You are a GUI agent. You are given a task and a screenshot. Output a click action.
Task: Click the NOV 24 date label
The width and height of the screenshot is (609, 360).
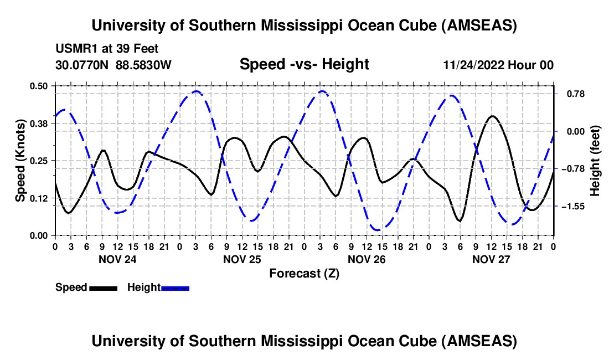(117, 259)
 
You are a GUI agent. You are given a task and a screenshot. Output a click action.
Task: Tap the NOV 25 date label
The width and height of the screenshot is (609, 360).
(242, 259)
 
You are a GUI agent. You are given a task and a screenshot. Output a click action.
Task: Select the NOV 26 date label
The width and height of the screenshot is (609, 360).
(367, 259)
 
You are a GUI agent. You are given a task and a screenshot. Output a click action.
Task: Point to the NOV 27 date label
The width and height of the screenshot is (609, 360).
(491, 259)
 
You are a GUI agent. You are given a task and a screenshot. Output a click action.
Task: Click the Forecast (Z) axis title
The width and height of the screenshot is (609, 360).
(304, 273)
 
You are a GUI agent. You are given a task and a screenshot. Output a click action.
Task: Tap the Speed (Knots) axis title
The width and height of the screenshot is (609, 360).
(20, 161)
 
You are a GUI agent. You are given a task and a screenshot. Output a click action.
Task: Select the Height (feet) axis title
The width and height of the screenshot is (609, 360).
(595, 161)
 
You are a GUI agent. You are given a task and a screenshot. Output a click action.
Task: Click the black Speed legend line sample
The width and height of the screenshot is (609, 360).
(103, 287)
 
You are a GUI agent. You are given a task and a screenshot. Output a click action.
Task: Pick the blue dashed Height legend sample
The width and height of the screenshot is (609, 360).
(175, 287)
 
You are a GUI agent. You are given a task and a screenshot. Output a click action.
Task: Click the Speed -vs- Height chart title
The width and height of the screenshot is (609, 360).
(304, 64)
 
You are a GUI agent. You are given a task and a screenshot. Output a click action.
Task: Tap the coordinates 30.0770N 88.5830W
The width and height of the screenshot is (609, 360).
(113, 65)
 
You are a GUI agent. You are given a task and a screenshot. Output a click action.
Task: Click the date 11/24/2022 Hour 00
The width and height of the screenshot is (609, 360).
(498, 65)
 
